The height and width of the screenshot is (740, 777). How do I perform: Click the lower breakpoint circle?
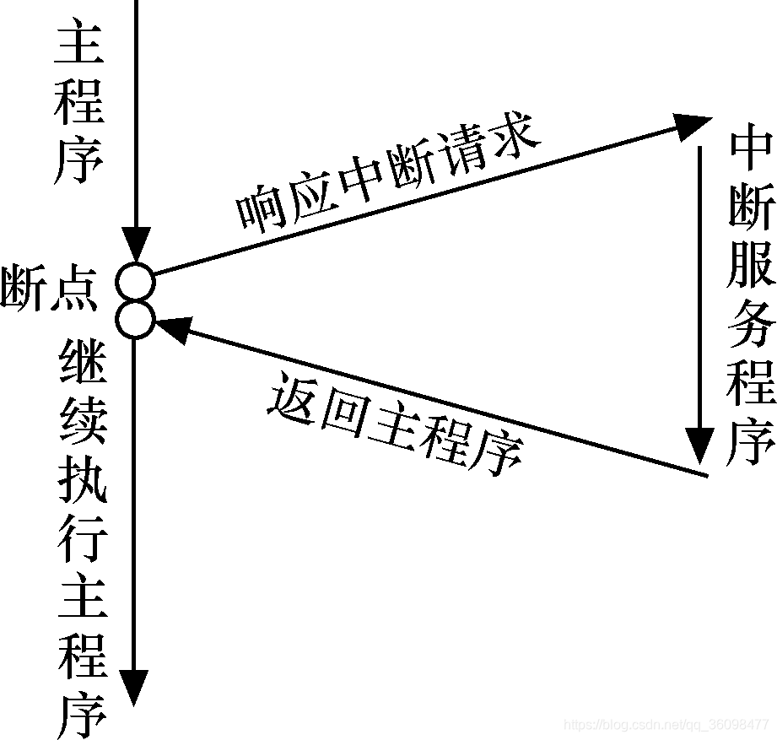pos(136,320)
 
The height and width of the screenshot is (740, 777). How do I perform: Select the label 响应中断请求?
pos(388,178)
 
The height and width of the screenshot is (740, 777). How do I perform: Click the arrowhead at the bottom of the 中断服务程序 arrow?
pos(699,446)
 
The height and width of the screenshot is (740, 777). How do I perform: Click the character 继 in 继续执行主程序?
pos(83,369)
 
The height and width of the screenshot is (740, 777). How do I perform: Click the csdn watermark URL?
pos(666,724)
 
